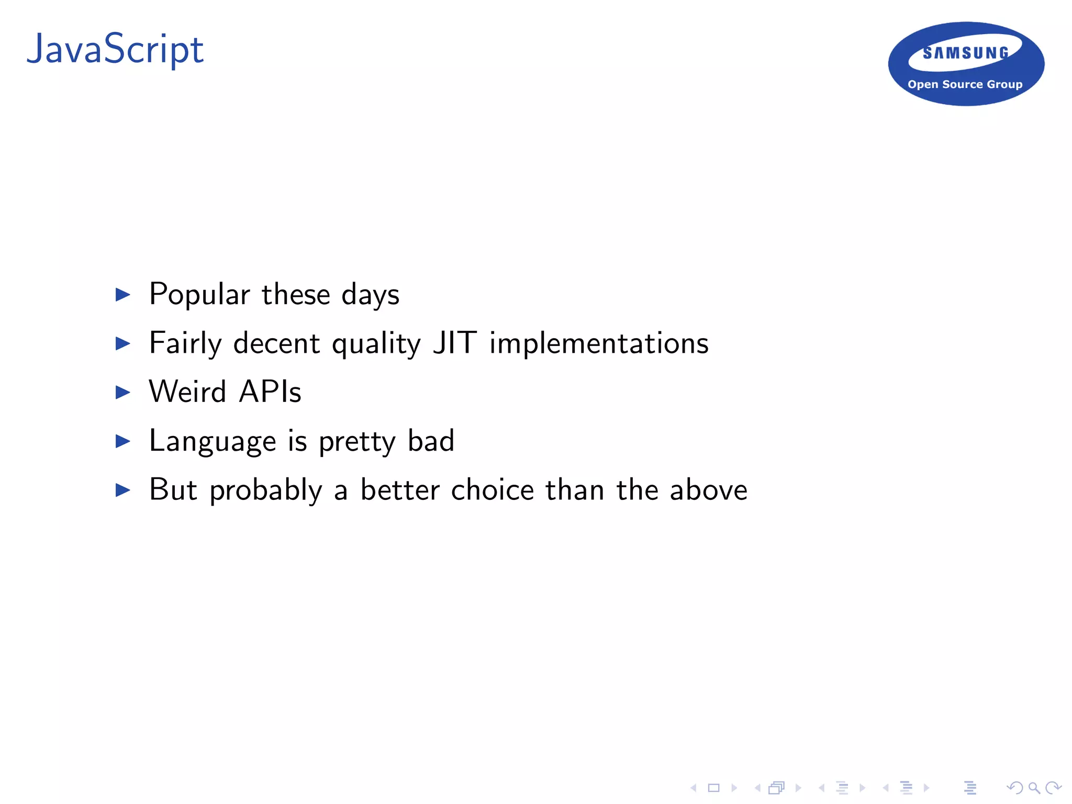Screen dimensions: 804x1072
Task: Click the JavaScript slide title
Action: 115,50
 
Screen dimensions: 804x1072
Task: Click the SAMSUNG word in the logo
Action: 966,53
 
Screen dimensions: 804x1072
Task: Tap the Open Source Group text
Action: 965,84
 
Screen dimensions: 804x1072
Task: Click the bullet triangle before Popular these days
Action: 122,295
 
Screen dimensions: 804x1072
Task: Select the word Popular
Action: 199,295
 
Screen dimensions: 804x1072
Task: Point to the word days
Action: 371,296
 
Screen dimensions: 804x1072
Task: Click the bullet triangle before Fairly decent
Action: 122,344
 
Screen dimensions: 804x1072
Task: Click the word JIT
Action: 454,343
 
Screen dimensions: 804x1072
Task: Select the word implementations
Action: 599,344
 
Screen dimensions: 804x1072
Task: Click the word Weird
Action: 187,392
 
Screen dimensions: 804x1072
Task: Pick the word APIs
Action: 270,392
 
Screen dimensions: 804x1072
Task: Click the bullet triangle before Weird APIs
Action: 122,393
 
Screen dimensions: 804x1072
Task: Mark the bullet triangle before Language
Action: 122,441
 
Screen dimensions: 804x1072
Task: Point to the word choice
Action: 493,490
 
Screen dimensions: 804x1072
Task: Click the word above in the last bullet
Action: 708,490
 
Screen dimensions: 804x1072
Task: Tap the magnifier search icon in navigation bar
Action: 1034,788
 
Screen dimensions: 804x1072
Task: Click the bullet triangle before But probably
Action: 122,490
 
